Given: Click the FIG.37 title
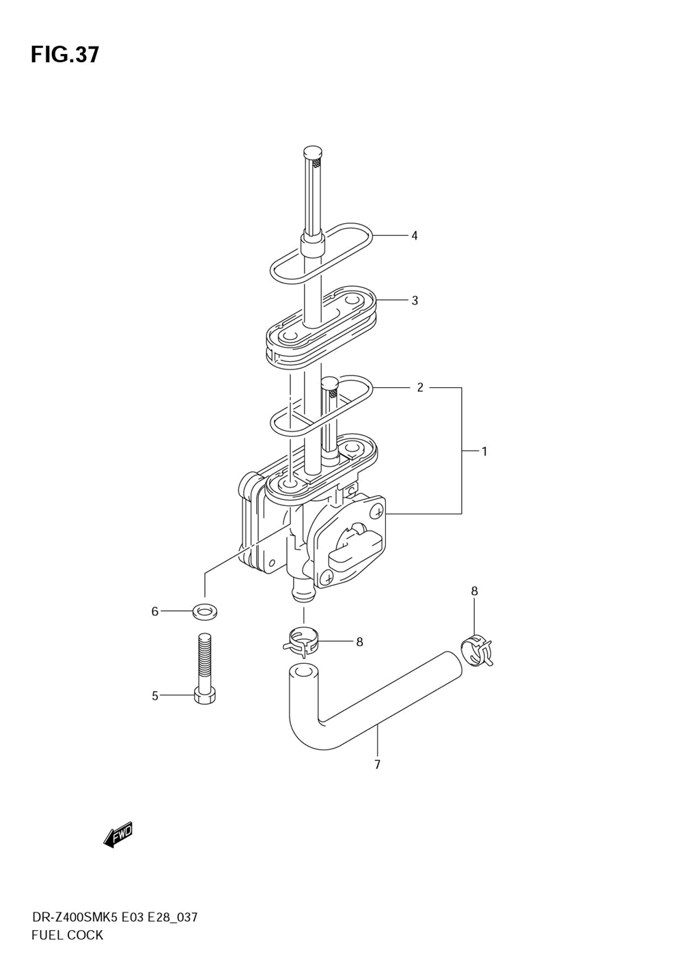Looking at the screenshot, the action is click(65, 55).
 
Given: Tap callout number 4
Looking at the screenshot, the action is click(414, 236).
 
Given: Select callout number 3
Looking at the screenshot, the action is click(414, 300).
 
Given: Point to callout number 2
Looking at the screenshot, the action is click(420, 388).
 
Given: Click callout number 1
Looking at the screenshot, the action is click(484, 451).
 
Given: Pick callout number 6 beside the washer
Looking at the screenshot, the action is click(155, 611).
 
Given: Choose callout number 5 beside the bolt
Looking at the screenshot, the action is click(155, 696).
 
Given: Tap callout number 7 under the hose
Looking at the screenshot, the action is click(377, 764).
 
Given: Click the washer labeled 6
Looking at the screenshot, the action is click(203, 610).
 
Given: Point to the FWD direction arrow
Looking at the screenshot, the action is click(117, 834).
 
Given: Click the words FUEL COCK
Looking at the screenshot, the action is click(67, 935).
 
